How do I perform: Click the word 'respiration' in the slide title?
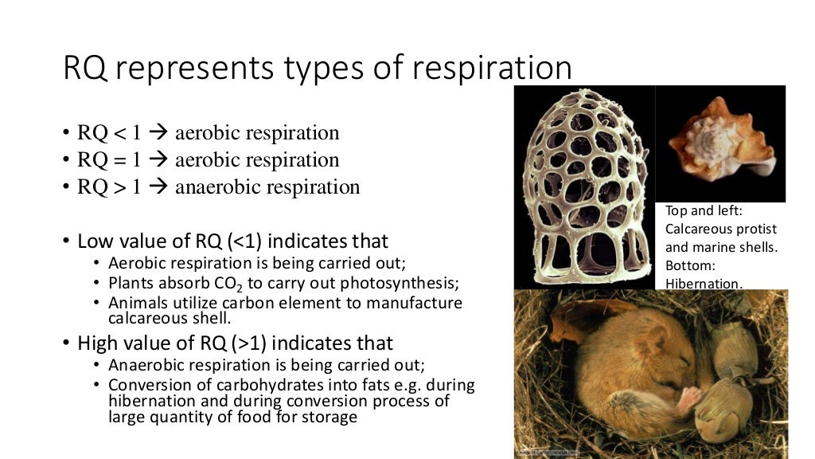(x=491, y=69)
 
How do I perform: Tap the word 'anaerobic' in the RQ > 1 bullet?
(x=217, y=187)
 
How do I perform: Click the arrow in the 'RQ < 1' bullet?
(x=158, y=133)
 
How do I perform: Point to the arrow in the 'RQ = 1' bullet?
(x=158, y=160)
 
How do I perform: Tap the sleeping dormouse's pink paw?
(x=689, y=395)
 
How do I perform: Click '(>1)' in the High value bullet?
(x=244, y=343)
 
